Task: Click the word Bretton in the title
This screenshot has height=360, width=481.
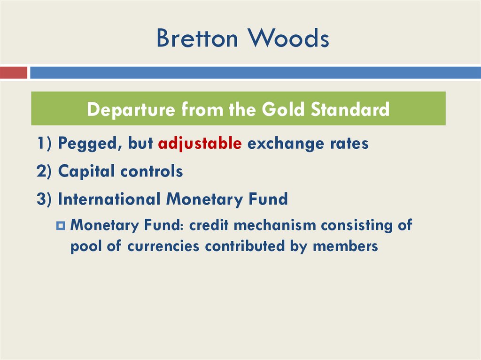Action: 196,38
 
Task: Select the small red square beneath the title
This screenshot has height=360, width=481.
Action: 14,73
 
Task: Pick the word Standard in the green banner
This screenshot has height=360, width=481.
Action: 350,109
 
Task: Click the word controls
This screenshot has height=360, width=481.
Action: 152,171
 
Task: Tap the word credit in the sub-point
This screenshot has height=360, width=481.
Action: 209,225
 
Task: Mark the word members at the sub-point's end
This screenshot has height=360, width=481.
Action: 345,246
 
